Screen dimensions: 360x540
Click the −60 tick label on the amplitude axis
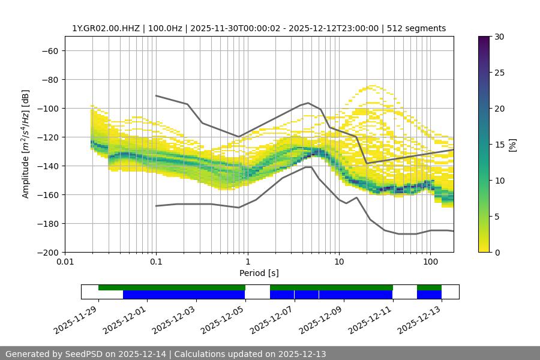[49, 50]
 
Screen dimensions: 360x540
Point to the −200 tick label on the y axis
[47, 252]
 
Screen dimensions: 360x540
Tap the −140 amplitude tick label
[47, 166]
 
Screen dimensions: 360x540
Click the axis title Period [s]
[259, 273]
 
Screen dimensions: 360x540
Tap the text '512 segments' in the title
[416, 28]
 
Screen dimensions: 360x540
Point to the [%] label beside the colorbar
[512, 145]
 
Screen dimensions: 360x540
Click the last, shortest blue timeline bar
[429, 295]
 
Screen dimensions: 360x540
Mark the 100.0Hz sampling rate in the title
[163, 28]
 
